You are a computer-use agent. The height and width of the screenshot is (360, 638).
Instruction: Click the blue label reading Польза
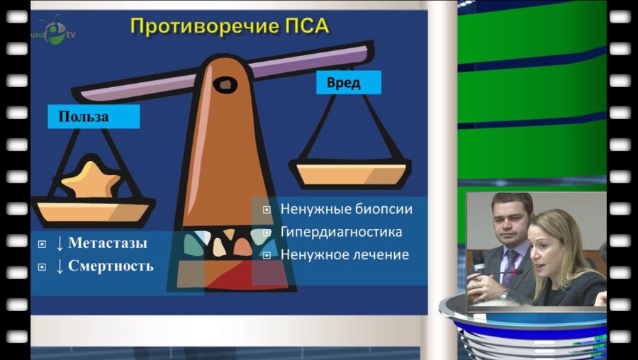(84, 117)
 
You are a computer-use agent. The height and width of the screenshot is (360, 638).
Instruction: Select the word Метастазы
(108, 244)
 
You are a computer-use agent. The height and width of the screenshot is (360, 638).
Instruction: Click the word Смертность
(111, 266)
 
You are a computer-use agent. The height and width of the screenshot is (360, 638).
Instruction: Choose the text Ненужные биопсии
(346, 210)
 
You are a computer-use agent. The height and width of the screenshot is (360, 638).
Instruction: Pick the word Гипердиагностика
(341, 232)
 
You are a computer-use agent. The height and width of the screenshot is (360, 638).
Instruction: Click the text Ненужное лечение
(345, 254)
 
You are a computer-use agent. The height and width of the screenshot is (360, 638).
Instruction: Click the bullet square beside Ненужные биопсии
(267, 210)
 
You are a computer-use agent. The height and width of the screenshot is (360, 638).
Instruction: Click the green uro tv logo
(54, 31)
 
